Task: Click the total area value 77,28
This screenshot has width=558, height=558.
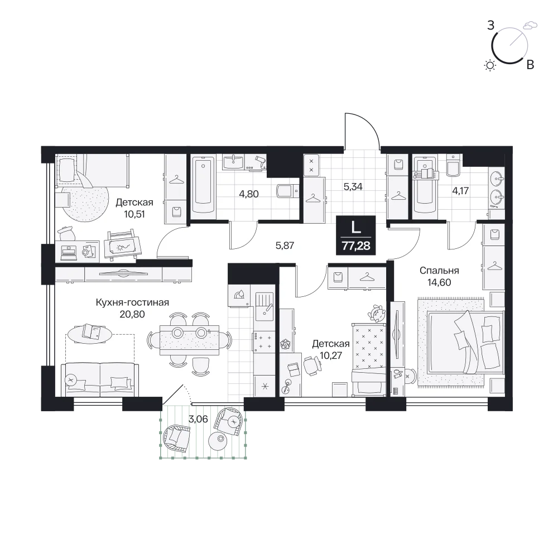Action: pos(356,246)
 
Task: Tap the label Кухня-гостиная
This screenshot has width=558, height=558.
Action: pos(132,302)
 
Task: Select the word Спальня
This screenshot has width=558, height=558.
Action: pos(439,271)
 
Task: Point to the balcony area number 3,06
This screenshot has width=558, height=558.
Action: pos(198,419)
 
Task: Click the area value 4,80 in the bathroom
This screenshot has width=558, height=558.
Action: pos(249,194)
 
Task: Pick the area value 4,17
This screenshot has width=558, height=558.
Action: pos(460,191)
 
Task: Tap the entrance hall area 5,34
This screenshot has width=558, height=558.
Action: pos(353,186)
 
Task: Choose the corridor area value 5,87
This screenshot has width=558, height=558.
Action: pos(285,245)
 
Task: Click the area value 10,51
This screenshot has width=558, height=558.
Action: pos(134,214)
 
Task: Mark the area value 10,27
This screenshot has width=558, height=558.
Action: pos(330,355)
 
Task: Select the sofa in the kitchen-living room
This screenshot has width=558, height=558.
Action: pos(100,379)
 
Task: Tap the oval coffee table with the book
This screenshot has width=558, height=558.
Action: pos(89,334)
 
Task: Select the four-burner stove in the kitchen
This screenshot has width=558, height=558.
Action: pos(263,341)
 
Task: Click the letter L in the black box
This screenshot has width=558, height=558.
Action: pos(356,228)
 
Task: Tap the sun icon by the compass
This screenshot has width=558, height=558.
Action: pos(490,65)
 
